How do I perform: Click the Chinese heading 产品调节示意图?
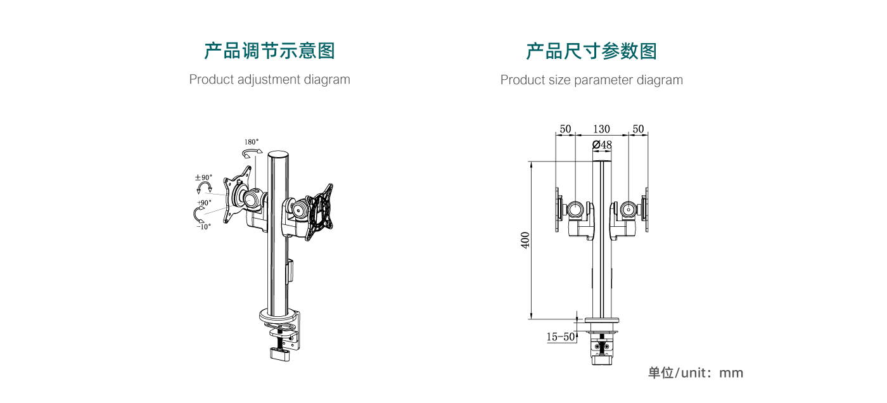[269, 51]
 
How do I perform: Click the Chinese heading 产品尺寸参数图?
[591, 51]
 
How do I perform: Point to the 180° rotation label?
[252, 142]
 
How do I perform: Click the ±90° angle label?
[204, 178]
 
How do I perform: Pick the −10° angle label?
[203, 226]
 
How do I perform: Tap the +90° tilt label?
[204, 203]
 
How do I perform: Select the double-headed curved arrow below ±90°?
[204, 189]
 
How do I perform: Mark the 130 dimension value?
[601, 129]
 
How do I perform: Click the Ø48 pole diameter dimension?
[602, 145]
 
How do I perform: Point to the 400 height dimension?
[525, 240]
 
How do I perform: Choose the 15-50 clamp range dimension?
[560, 337]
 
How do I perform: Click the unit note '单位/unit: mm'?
[695, 373]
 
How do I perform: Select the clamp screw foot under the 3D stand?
[279, 354]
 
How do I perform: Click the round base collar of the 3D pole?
[279, 315]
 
